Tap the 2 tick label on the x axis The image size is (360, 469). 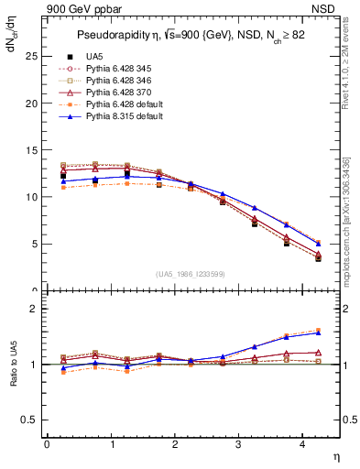(x=174, y=443)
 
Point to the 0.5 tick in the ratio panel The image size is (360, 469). (x=28, y=420)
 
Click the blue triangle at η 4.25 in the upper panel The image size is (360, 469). (x=318, y=244)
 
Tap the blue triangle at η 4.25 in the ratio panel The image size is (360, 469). (x=318, y=333)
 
